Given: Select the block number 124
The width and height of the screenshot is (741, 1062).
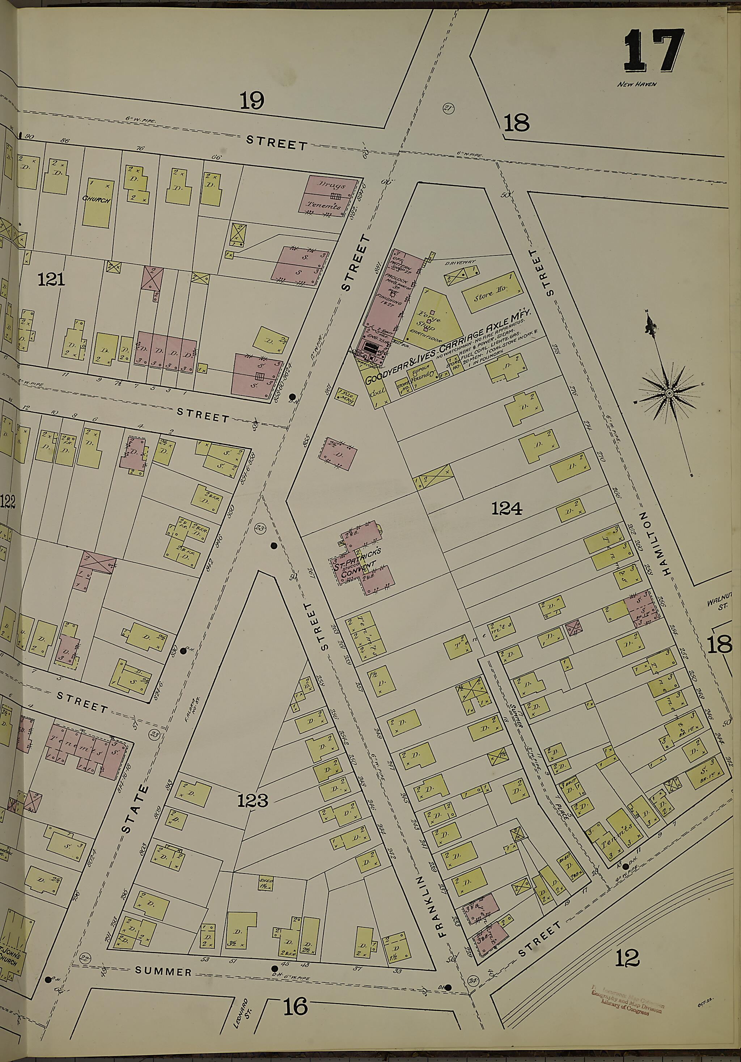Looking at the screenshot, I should click(507, 509).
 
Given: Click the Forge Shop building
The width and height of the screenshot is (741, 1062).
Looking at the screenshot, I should click(431, 315).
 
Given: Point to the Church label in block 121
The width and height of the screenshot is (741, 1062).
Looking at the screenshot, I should click(97, 200).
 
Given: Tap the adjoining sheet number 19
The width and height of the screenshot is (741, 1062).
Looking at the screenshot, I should click(252, 100).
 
